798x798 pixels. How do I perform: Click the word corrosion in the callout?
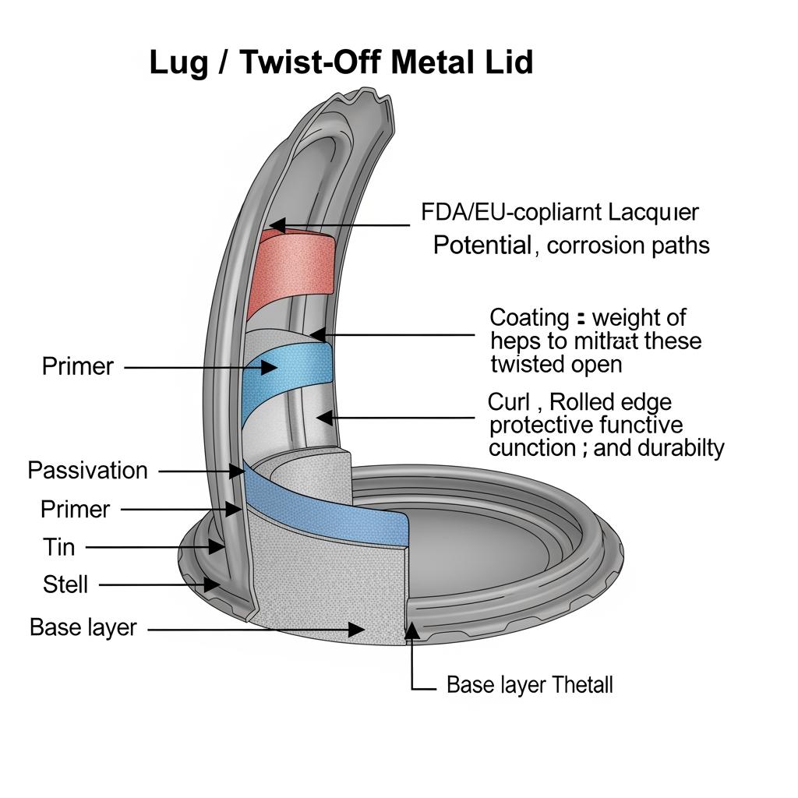[x=594, y=246]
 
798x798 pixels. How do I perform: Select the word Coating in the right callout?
[x=529, y=318]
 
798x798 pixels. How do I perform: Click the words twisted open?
[x=556, y=365]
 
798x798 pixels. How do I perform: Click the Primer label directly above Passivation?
[x=77, y=366]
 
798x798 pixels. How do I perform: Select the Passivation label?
[x=87, y=471]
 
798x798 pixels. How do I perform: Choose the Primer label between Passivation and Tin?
[x=75, y=510]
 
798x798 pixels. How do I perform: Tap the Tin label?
[x=58, y=547]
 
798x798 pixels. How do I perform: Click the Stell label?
[x=65, y=584]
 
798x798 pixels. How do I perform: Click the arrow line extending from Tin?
[x=152, y=548]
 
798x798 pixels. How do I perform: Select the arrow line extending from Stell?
[x=156, y=584]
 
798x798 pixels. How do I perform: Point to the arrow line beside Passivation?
[x=199, y=471]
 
